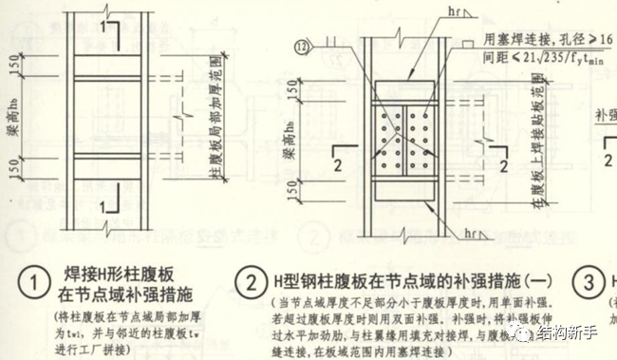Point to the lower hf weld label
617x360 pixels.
click(x=449, y=232)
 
